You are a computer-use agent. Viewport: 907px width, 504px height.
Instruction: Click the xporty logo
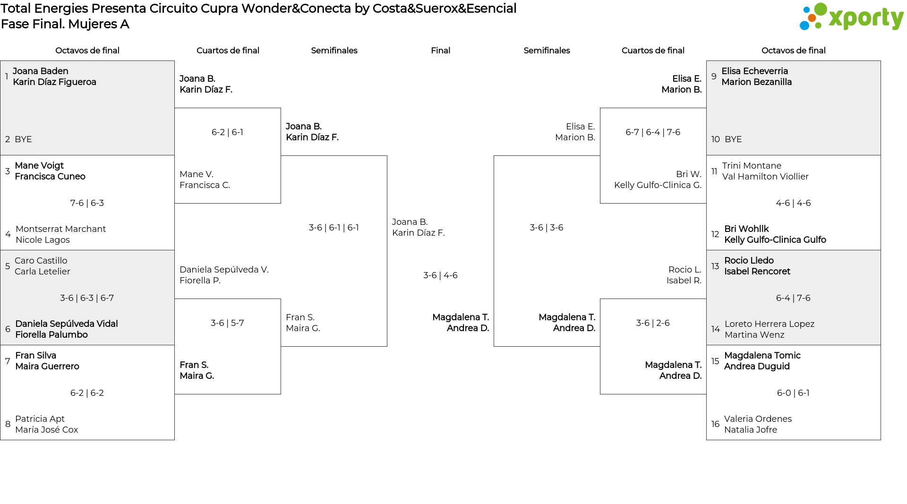pyautogui.click(x=851, y=17)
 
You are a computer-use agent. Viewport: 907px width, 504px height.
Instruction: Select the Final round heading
pyautogui.click(x=440, y=51)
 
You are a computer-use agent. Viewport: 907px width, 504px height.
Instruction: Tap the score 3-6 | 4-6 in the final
pyautogui.click(x=440, y=275)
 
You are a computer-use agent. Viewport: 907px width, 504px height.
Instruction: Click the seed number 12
pyautogui.click(x=715, y=234)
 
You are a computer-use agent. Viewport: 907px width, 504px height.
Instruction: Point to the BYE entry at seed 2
pyautogui.click(x=23, y=139)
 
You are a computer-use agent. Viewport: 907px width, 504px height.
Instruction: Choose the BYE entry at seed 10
pyautogui.click(x=733, y=139)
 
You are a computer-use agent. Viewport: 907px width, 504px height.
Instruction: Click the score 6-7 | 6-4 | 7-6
pyautogui.click(x=653, y=132)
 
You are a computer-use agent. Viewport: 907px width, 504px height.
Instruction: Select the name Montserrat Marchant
pyautogui.click(x=60, y=229)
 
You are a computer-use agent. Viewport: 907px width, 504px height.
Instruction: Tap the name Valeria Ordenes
pyautogui.click(x=758, y=419)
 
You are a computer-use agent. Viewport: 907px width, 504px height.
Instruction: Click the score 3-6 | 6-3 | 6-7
pyautogui.click(x=87, y=298)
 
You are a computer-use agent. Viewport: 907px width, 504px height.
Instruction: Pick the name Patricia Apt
pyautogui.click(x=40, y=419)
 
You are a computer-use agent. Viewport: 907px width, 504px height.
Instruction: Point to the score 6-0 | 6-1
pyautogui.click(x=793, y=393)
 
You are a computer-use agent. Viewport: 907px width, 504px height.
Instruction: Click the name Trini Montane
pyautogui.click(x=752, y=166)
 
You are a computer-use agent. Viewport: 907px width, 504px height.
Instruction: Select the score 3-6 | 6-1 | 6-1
pyautogui.click(x=334, y=228)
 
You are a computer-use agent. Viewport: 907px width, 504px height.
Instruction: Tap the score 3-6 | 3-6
pyautogui.click(x=547, y=228)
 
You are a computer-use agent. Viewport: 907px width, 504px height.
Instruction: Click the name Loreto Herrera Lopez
pyautogui.click(x=770, y=324)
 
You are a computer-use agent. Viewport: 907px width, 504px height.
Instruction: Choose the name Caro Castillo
pyautogui.click(x=41, y=261)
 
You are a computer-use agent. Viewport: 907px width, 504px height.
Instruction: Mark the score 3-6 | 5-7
pyautogui.click(x=227, y=323)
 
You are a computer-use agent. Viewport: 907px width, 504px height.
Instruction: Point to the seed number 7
pyautogui.click(x=8, y=361)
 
